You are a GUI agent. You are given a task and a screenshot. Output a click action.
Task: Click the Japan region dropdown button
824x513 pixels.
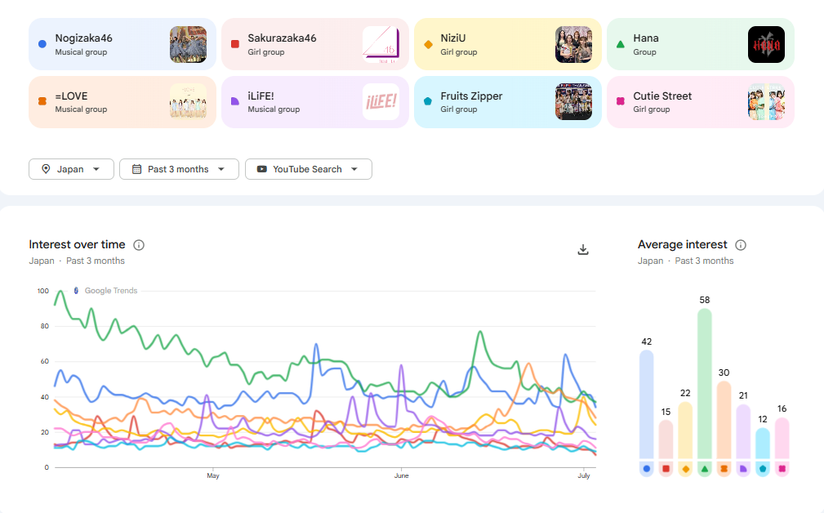72,169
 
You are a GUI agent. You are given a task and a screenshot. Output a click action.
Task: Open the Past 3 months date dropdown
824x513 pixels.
179,169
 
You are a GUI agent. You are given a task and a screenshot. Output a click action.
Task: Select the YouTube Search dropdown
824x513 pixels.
309,169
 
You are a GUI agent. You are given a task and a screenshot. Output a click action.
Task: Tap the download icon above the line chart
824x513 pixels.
583,250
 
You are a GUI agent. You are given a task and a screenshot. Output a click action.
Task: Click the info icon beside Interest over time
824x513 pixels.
139,245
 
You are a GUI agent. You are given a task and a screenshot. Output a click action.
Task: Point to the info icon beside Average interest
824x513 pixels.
741,245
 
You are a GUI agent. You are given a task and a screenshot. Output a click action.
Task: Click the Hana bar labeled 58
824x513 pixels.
705,384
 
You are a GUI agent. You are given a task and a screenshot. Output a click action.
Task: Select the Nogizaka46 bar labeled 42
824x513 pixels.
646,404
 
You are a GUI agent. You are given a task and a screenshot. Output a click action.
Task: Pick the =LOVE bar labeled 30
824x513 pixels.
724,420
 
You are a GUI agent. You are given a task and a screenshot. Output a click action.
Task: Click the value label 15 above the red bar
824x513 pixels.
666,412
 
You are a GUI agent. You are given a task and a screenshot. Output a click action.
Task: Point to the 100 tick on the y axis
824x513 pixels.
43,291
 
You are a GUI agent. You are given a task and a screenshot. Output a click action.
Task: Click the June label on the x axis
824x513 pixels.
402,475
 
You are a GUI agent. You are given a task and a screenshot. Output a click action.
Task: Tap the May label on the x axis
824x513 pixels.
213,475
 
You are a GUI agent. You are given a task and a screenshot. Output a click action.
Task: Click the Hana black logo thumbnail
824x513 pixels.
766,45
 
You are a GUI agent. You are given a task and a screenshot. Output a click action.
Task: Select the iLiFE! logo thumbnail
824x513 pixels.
381,102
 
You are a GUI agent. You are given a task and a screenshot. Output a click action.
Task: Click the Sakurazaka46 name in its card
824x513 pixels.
283,38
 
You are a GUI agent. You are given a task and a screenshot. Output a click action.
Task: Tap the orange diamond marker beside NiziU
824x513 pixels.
428,45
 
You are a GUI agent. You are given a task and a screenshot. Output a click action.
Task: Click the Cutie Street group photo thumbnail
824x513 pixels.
766,102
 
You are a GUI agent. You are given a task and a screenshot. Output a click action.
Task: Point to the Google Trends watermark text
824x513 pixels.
111,291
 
